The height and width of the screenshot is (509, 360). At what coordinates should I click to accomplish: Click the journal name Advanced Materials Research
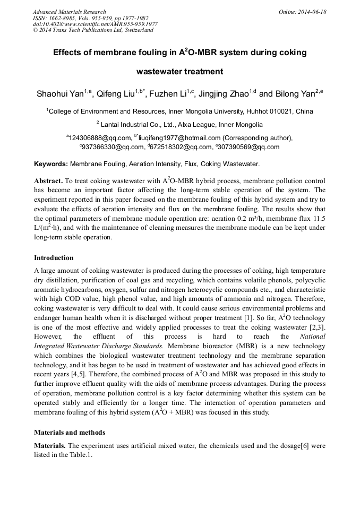[70, 12]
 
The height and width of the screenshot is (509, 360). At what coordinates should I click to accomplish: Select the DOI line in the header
[95, 24]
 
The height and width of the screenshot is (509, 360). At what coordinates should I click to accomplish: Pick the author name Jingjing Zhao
[223, 94]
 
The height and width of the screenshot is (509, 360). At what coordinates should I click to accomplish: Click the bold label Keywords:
[51, 165]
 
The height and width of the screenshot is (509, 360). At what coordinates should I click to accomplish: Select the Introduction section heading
[54, 258]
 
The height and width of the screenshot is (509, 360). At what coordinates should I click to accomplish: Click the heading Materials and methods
[70, 433]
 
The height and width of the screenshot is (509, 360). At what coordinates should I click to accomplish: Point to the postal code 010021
[281, 111]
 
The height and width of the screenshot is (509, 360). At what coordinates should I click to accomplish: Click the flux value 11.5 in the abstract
[319, 218]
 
